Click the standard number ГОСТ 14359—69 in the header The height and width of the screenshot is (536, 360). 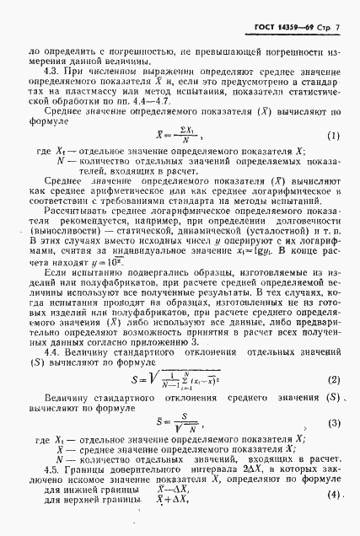[278, 29]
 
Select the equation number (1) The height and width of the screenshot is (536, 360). [333, 136]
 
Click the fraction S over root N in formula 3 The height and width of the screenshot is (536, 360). [180, 421]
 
